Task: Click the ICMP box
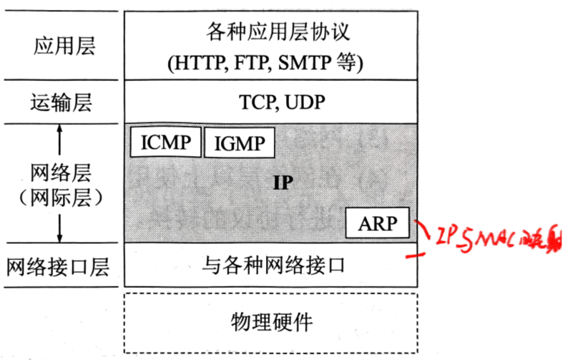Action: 166,142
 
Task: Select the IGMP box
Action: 239,143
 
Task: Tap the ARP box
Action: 377,223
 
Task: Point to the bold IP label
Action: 283,182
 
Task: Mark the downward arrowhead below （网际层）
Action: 60,236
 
